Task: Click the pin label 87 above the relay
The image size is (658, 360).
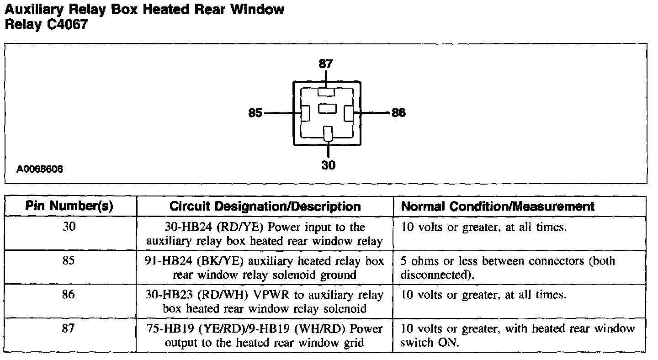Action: pyautogui.click(x=326, y=64)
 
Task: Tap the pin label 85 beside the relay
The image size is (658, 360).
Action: pyautogui.click(x=255, y=112)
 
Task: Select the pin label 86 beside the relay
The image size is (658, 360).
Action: pyautogui.click(x=398, y=112)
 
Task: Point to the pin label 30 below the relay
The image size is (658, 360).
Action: pyautogui.click(x=328, y=165)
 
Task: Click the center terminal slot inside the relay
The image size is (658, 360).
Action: pyautogui.click(x=327, y=108)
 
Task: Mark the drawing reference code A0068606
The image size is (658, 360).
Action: pyautogui.click(x=40, y=169)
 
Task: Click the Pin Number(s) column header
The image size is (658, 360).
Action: pyautogui.click(x=69, y=206)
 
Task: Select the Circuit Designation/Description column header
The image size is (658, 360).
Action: pyautogui.click(x=265, y=206)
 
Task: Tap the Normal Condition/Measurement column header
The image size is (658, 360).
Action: pyautogui.click(x=498, y=206)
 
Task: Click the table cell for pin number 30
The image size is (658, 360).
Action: pyautogui.click(x=69, y=227)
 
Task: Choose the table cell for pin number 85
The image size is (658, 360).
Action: pyautogui.click(x=69, y=261)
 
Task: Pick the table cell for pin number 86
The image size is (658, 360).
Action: pyautogui.click(x=69, y=295)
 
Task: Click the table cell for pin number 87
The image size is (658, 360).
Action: pyautogui.click(x=69, y=328)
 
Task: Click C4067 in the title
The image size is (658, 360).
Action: pyautogui.click(x=67, y=25)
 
